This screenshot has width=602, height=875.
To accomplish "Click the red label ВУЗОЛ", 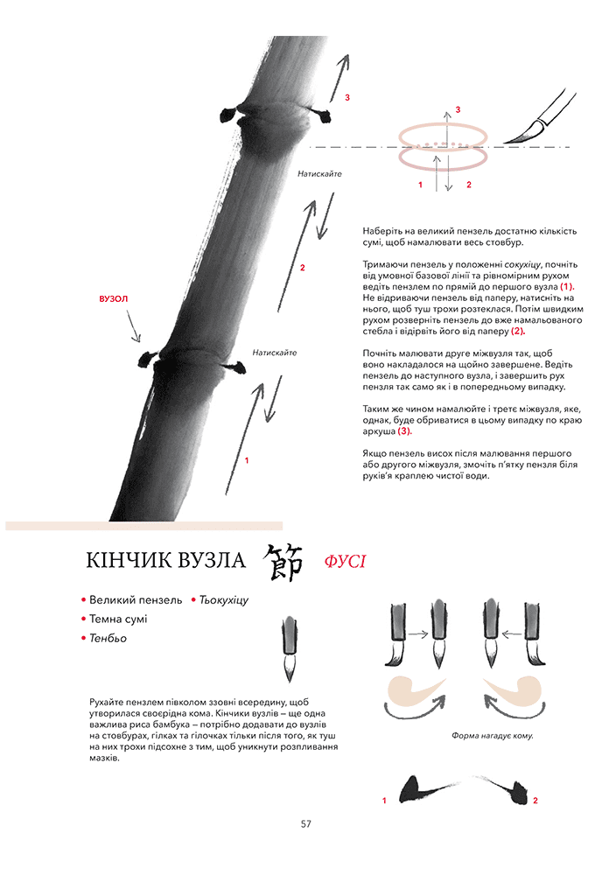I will (114, 299).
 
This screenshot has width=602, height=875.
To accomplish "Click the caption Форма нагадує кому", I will (493, 735).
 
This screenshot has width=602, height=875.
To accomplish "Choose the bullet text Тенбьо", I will (108, 639).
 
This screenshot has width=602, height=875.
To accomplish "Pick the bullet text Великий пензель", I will (136, 600).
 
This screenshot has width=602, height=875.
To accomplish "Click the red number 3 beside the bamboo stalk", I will (347, 98).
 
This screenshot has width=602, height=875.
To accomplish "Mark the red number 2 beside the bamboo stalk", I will (302, 267).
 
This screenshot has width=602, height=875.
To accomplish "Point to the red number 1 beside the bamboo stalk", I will (247, 460).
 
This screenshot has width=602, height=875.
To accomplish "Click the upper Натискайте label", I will (318, 174).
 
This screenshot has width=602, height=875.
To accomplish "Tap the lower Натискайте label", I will (274, 353).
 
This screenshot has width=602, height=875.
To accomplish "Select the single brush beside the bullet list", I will (289, 650).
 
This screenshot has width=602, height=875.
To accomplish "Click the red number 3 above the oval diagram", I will (458, 108).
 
